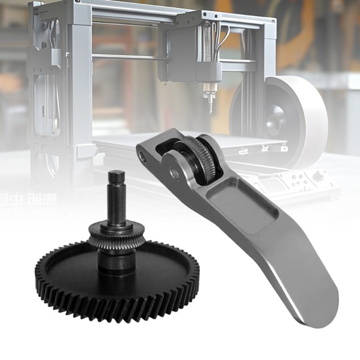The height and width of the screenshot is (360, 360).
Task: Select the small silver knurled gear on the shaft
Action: click(x=117, y=237)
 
